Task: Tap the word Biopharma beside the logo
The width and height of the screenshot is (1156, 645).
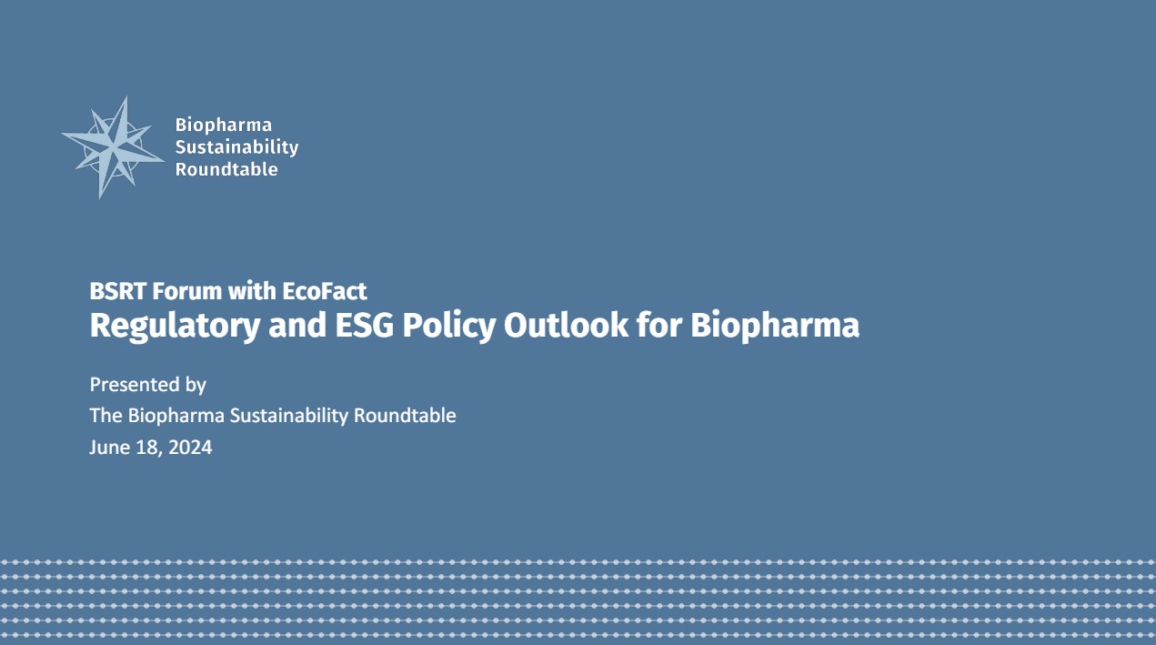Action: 223,125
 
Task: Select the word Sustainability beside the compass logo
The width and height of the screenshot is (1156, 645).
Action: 236,146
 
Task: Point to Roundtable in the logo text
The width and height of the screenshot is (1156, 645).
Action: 226,169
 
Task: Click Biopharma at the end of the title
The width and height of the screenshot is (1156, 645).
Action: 775,326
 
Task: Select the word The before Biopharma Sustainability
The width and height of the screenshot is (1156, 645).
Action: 106,416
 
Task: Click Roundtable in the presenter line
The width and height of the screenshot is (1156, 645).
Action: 405,416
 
